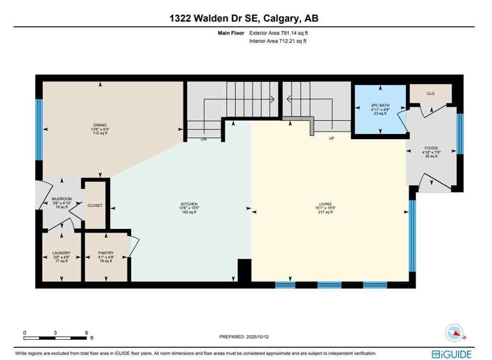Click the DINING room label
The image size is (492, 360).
click(100, 125)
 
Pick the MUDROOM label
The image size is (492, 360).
click(61, 199)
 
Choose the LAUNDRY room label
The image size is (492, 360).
click(61, 253)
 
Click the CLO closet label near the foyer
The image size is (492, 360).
click(430, 94)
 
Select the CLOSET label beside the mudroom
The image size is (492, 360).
click(95, 205)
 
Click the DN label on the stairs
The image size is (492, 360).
click(203, 140)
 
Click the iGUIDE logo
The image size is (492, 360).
click(452, 354)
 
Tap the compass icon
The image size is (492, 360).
click(454, 332)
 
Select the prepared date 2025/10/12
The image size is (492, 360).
click(246, 337)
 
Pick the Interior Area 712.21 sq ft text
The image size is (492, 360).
click(278, 41)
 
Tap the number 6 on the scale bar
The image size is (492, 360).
click(86, 333)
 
